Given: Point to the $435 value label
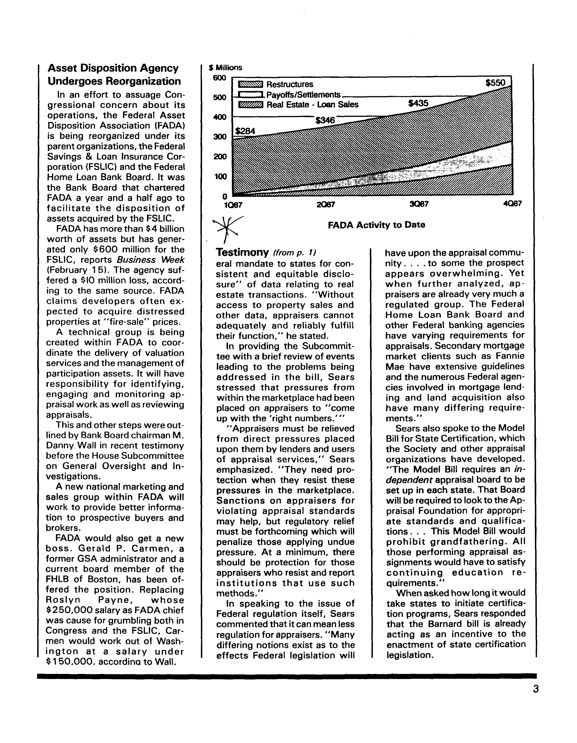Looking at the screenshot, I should [418, 103].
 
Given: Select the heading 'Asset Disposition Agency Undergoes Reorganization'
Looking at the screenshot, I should [114, 75].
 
